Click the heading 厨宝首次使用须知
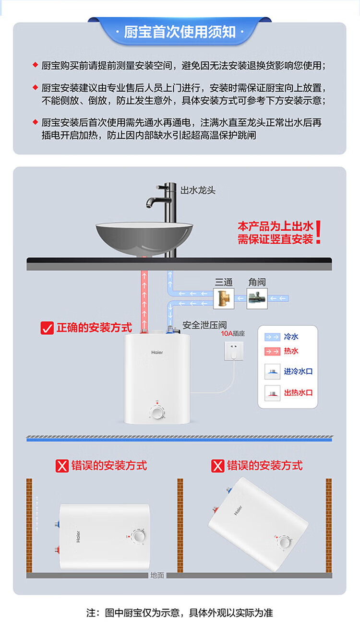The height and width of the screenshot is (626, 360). point(180,32)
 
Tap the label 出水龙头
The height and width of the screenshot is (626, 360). point(198,190)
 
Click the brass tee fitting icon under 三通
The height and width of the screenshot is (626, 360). point(224,298)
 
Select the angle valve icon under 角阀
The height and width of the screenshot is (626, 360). point(257,298)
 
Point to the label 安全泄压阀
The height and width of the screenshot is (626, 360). point(204,325)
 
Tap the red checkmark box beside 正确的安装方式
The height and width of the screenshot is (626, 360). point(47,328)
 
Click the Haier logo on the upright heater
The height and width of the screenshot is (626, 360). point(157,352)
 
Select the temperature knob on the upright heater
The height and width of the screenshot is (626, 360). point(156,412)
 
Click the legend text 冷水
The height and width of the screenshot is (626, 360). point(291,337)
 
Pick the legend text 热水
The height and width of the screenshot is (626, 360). point(291,351)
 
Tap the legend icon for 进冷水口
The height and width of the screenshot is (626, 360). point(273,371)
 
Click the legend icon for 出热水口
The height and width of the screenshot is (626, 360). point(273,392)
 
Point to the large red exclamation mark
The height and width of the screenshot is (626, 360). point(318,233)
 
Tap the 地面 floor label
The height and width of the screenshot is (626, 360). point(157,575)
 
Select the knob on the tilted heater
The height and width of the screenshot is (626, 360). point(284,543)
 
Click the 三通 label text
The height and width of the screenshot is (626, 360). point(223,282)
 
